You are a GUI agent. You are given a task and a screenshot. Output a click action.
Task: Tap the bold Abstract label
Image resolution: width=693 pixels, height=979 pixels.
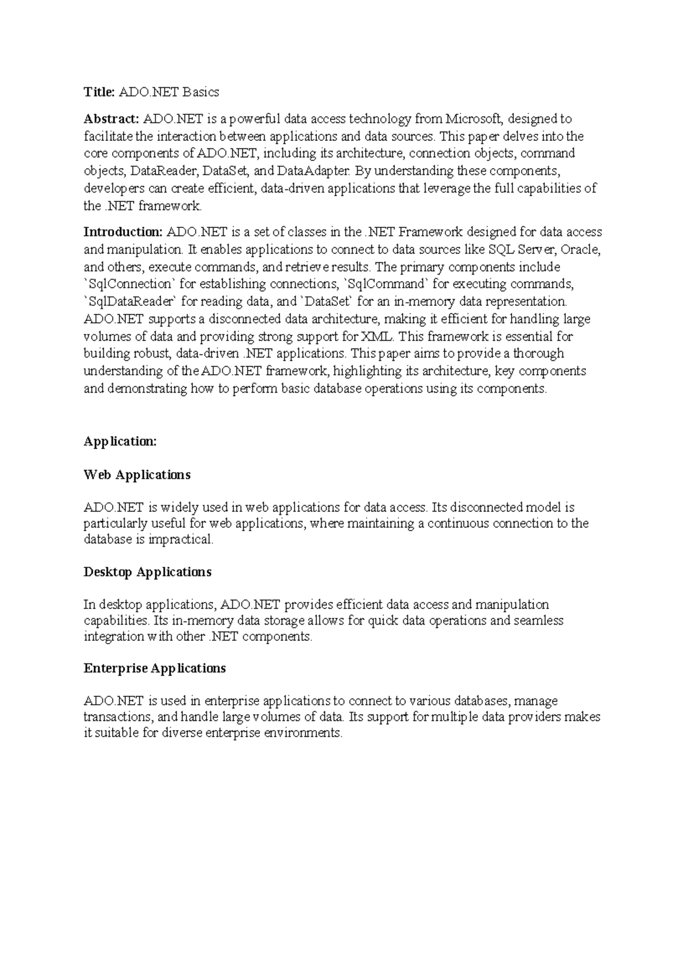[111, 119]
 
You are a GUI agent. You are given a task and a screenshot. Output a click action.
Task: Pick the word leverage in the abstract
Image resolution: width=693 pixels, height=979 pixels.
[448, 188]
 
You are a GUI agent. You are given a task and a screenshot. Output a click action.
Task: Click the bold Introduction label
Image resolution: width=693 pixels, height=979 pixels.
[123, 232]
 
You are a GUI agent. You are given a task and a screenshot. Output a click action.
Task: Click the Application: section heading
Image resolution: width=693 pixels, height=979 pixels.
[120, 442]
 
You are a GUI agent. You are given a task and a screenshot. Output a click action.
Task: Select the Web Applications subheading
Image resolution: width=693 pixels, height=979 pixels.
[137, 474]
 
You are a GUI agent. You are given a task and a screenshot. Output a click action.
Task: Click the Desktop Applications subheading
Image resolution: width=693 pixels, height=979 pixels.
[147, 572]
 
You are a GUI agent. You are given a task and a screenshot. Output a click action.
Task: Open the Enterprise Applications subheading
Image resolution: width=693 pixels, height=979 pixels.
[154, 668]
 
